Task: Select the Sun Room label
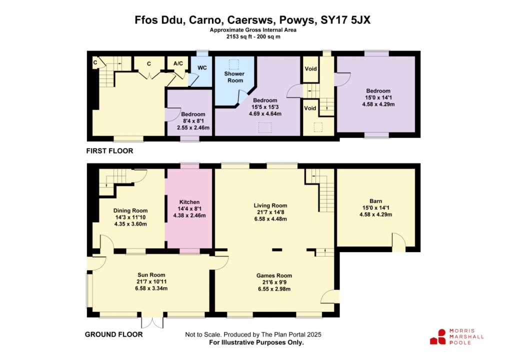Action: (151, 275)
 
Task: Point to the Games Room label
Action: (274, 275)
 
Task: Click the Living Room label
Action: (270, 205)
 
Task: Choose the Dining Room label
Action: (131, 210)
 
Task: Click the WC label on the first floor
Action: (202, 67)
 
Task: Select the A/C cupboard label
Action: (177, 63)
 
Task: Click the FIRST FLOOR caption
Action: (109, 150)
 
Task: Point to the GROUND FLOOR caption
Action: (114, 334)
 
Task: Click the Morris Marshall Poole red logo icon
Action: (438, 336)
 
